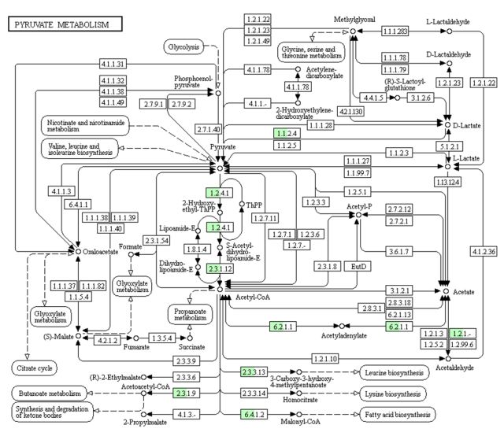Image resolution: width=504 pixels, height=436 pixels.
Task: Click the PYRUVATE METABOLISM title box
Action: [x=64, y=25]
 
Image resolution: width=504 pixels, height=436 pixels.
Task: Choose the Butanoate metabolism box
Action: [x=46, y=393]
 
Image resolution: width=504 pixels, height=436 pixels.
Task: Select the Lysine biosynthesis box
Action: [x=394, y=393]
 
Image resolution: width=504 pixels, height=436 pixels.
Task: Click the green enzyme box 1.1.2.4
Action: [x=286, y=133]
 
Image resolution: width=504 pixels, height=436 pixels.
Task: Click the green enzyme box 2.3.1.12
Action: [x=220, y=269]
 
